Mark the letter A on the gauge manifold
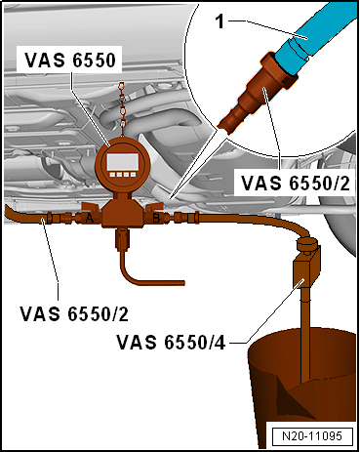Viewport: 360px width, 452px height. [91, 220]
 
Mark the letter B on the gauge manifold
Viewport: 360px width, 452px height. [157, 220]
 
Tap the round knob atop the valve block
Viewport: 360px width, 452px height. [307, 241]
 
